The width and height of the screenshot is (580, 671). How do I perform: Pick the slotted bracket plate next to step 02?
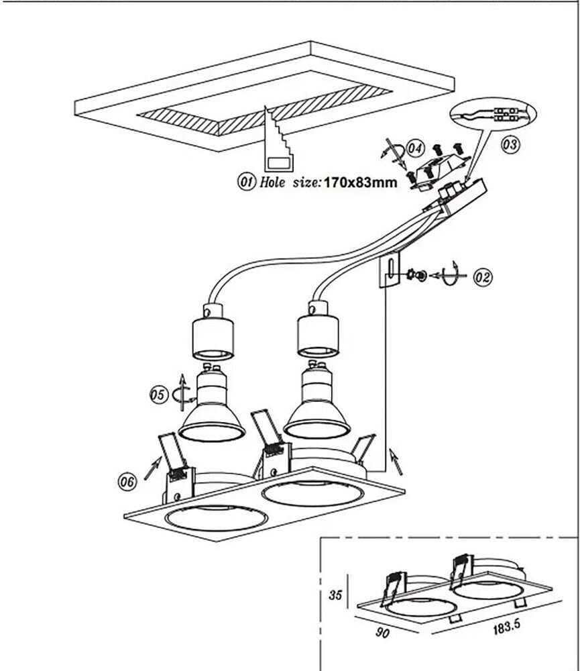pos(390,271)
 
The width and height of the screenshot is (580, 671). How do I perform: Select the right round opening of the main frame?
pos(312,492)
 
